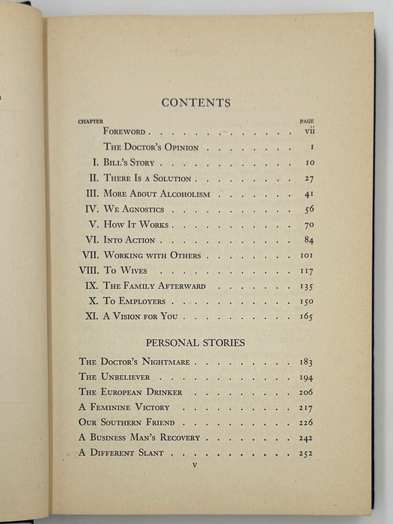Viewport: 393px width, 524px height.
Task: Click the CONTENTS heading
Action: point(195,103)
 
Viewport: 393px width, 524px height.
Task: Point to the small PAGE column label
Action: point(305,121)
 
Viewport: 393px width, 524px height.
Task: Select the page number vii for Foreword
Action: point(306,132)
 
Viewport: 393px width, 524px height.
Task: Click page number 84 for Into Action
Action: point(308,240)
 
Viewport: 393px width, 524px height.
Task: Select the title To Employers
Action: point(135,302)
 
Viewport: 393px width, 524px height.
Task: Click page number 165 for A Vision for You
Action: point(305,317)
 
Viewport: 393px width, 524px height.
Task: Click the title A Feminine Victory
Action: point(124,407)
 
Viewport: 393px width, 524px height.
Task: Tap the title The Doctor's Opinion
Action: point(150,147)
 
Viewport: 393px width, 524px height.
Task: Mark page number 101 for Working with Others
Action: point(305,256)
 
